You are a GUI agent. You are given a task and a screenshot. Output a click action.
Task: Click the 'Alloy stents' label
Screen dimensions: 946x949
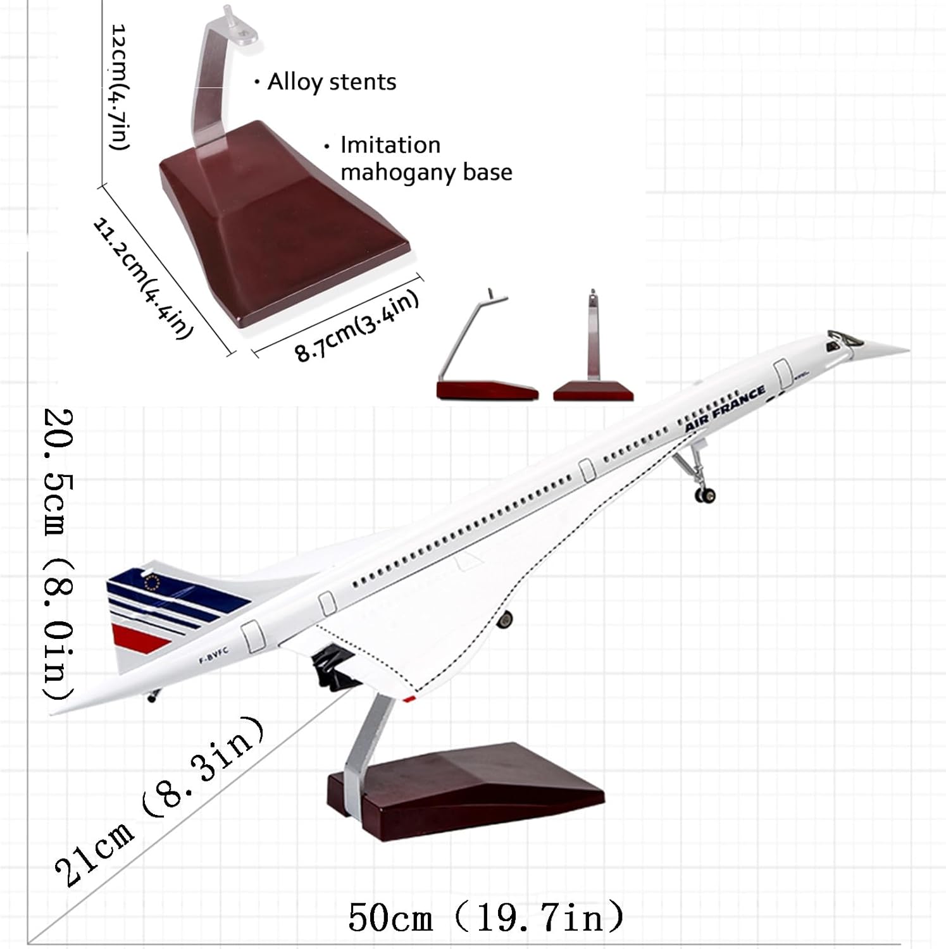tap(332, 82)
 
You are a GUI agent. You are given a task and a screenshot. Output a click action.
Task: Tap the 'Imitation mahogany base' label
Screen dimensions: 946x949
tap(426, 158)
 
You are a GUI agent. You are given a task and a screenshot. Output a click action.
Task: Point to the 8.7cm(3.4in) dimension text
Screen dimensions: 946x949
tap(358, 325)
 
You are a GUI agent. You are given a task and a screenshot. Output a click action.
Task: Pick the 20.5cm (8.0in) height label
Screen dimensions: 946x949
tap(58, 555)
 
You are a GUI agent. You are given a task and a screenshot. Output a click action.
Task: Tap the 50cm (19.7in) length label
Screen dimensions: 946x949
tap(486, 917)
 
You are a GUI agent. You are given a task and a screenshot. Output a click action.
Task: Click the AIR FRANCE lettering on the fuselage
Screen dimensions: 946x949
tap(725, 409)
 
